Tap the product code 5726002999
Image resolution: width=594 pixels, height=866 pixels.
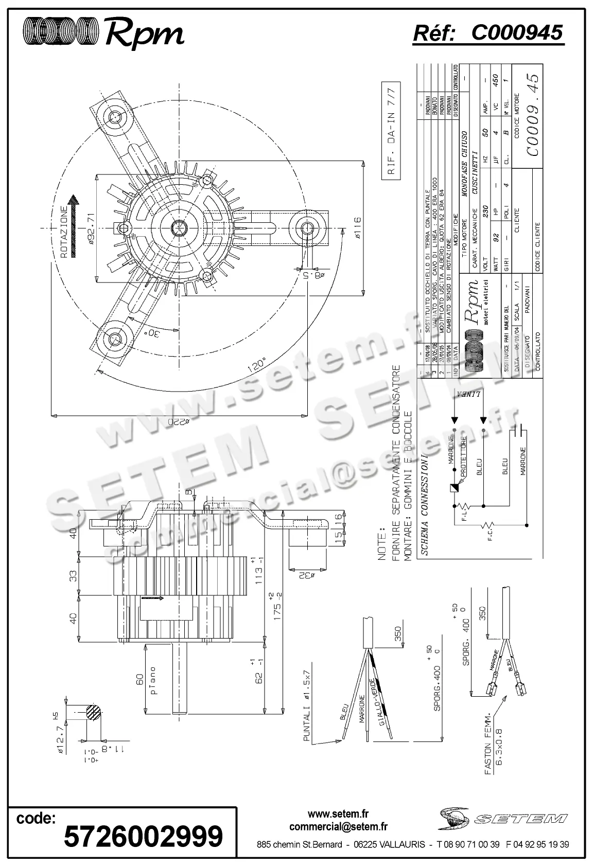[x=143, y=836]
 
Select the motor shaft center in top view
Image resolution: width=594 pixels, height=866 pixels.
[x=179, y=227]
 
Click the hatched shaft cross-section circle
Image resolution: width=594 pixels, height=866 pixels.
[x=93, y=713]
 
